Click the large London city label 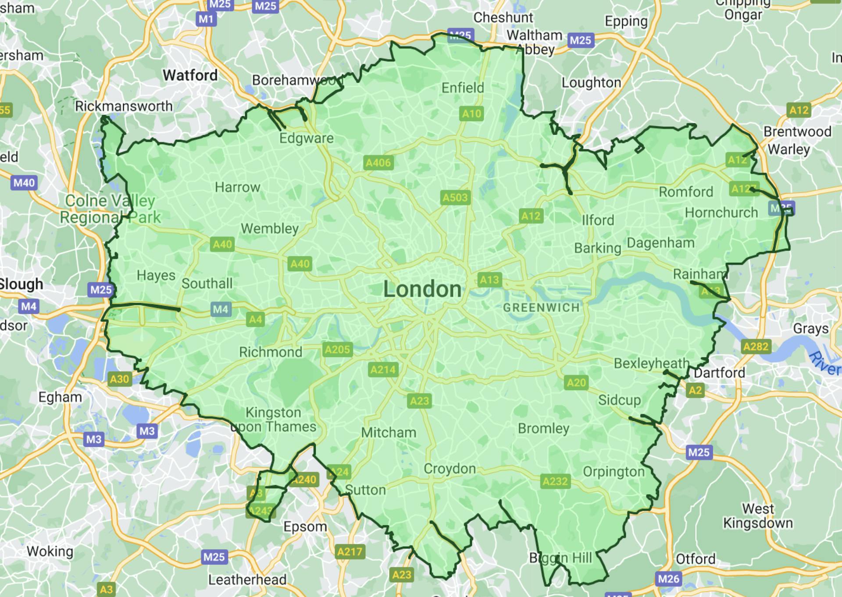click(422, 289)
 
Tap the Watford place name click(190, 75)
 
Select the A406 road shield click(378, 163)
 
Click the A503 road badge click(455, 198)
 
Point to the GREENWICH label click(541, 307)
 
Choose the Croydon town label click(450, 469)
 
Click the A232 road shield click(555, 481)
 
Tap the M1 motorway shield click(206, 19)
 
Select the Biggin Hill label click(560, 558)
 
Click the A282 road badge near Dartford click(756, 347)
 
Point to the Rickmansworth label click(124, 106)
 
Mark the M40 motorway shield click(24, 183)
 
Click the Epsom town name click(305, 526)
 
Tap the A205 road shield click(337, 350)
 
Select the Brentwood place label click(797, 131)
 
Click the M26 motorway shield click(668, 579)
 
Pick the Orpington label click(614, 472)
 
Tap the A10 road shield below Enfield click(471, 114)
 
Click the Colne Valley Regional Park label click(110, 209)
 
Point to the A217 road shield click(350, 551)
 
